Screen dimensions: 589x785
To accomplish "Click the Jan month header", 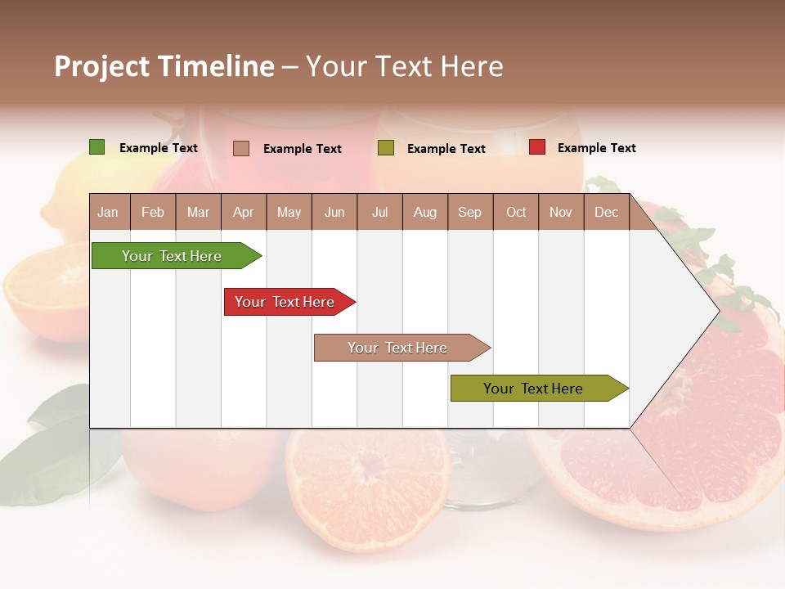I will (x=108, y=212).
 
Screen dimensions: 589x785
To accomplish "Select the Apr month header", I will (x=243, y=212).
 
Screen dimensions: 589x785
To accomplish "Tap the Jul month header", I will (x=379, y=212).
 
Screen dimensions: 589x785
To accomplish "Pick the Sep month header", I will (x=469, y=212).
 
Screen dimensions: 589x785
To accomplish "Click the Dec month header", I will (x=606, y=212).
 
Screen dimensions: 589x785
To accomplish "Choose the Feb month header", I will (x=153, y=212).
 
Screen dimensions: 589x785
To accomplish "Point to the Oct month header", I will (x=516, y=212).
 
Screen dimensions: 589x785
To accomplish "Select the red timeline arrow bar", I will (x=286, y=302).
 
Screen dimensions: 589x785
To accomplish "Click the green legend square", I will (x=97, y=147).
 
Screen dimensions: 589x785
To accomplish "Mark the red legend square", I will (x=537, y=147).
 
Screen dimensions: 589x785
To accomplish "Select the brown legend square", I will (x=241, y=148).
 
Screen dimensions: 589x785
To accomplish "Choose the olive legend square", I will (x=386, y=148).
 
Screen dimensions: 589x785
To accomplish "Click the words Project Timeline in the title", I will (x=164, y=66).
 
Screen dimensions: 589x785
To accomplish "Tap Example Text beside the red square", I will (x=596, y=148).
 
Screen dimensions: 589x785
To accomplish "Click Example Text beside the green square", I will (x=159, y=148).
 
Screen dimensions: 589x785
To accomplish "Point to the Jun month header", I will (x=334, y=212).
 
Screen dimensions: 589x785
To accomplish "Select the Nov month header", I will (x=561, y=212).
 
